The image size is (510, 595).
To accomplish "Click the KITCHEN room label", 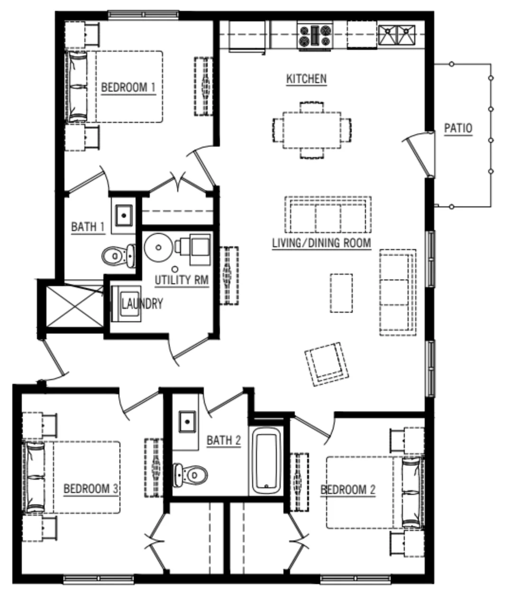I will tap(306, 78).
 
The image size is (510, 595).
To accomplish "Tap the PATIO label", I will tap(458, 128).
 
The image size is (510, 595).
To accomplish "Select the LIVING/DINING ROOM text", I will tap(321, 243).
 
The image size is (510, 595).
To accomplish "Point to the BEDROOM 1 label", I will tap(128, 87).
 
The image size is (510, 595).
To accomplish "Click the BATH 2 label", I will tap(224, 440).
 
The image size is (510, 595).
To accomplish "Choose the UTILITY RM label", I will tap(182, 280).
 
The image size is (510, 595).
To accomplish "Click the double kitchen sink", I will tap(396, 35).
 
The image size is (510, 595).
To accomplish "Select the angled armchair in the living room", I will tap(326, 364).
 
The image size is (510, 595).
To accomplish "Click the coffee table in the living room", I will tap(341, 293).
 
